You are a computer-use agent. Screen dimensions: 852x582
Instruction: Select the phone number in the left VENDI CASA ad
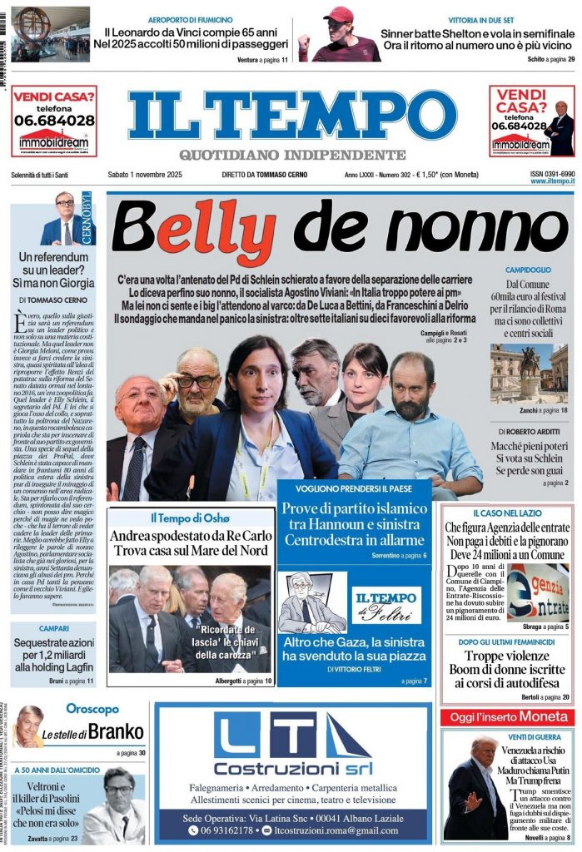(x=54, y=121)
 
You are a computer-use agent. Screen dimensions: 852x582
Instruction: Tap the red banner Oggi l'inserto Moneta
(x=507, y=716)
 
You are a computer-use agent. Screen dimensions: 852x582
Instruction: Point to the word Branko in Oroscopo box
(x=116, y=732)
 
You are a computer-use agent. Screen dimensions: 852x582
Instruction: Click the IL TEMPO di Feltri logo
(x=385, y=605)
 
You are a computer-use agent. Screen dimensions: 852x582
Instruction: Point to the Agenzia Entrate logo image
(x=538, y=592)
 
